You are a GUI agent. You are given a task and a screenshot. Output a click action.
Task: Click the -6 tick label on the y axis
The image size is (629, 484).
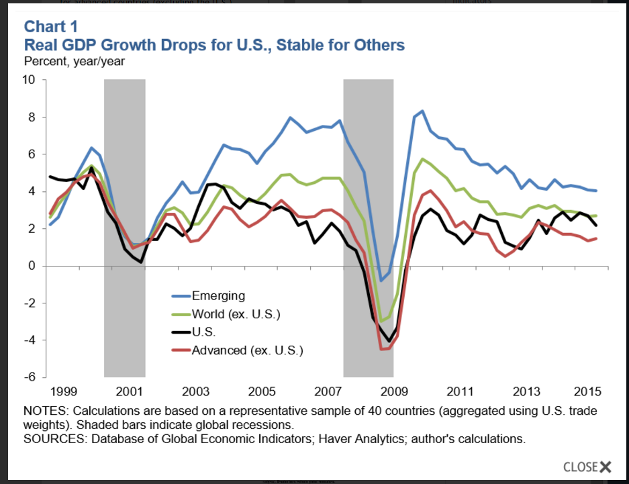pyautogui.click(x=30, y=377)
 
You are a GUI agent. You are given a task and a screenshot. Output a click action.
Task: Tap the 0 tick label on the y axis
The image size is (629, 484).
pyautogui.click(x=32, y=266)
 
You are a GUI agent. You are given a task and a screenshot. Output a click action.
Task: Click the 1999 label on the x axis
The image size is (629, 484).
pyautogui.click(x=62, y=391)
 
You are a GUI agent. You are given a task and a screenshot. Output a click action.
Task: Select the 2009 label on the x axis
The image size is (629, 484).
pyautogui.click(x=393, y=391)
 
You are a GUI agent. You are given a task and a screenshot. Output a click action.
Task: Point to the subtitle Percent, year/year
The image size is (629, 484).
pyautogui.click(x=74, y=61)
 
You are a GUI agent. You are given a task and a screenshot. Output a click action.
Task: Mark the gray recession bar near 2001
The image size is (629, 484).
pyautogui.click(x=125, y=228)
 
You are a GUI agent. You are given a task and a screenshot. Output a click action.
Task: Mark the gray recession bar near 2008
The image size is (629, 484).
pyautogui.click(x=368, y=228)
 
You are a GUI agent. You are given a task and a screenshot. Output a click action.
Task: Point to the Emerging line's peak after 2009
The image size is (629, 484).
pyautogui.click(x=422, y=111)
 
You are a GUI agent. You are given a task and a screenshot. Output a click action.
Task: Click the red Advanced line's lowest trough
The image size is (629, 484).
pyautogui.click(x=383, y=349)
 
